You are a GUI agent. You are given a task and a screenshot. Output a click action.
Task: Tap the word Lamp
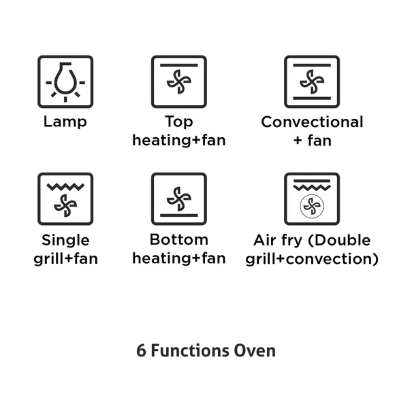65,122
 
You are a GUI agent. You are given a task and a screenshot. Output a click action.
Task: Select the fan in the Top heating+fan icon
179,82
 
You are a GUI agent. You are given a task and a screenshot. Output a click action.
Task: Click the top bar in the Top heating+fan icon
179,65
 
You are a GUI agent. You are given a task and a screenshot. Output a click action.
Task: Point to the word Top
179,122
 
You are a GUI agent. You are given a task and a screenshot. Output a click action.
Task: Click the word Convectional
312,122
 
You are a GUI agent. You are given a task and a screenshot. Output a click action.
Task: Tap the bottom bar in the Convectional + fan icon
312,98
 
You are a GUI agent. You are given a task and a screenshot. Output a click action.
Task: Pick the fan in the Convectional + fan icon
312,82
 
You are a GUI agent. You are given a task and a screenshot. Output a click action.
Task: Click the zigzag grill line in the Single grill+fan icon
66,187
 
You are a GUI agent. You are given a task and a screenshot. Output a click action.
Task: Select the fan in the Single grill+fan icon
66,206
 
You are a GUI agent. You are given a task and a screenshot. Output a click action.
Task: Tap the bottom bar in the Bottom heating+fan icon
179,216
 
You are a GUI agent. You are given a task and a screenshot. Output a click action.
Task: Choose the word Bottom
179,240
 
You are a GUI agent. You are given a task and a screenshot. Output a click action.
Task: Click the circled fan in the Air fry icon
312,206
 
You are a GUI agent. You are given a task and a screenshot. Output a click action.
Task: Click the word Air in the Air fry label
263,240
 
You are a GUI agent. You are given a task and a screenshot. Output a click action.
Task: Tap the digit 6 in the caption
142,351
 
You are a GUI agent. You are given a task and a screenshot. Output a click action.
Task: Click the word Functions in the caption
190,351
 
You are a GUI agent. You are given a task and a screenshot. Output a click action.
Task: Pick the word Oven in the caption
255,351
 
